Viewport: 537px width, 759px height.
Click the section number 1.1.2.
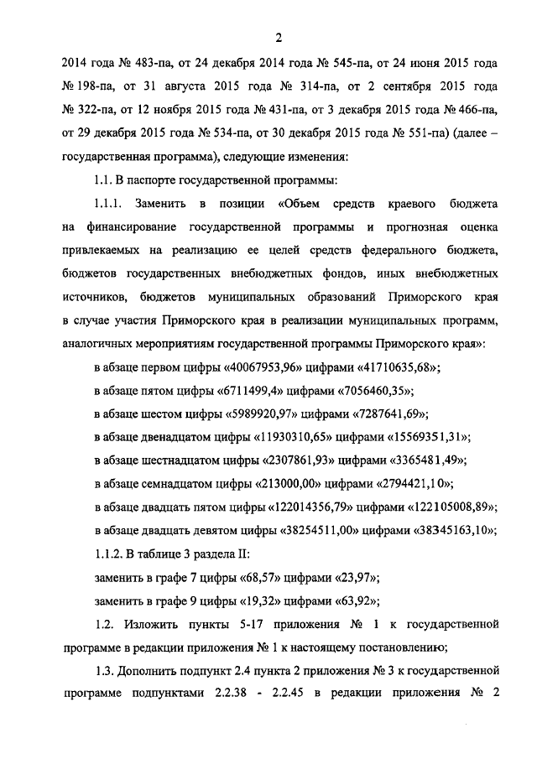[x=107, y=554]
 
